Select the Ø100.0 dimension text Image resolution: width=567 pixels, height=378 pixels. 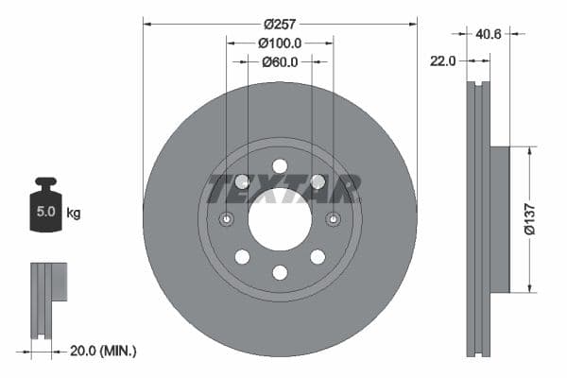[280, 43]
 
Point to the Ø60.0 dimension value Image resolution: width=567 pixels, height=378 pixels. [280, 62]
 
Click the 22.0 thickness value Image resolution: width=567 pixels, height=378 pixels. [442, 60]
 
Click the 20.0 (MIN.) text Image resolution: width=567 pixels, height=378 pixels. [104, 351]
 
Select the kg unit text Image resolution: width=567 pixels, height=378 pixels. [74, 214]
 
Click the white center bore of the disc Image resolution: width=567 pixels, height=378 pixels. [280, 219]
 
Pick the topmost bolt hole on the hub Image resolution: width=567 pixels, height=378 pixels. [280, 166]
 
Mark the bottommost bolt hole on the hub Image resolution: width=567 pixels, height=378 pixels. [280, 273]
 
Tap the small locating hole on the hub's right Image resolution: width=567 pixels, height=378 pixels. [333, 220]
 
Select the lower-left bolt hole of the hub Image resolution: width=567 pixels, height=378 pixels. [242, 257]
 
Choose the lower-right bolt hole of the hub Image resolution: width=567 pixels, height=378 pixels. [318, 257]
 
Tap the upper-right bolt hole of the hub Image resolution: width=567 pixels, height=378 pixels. [318, 181]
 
